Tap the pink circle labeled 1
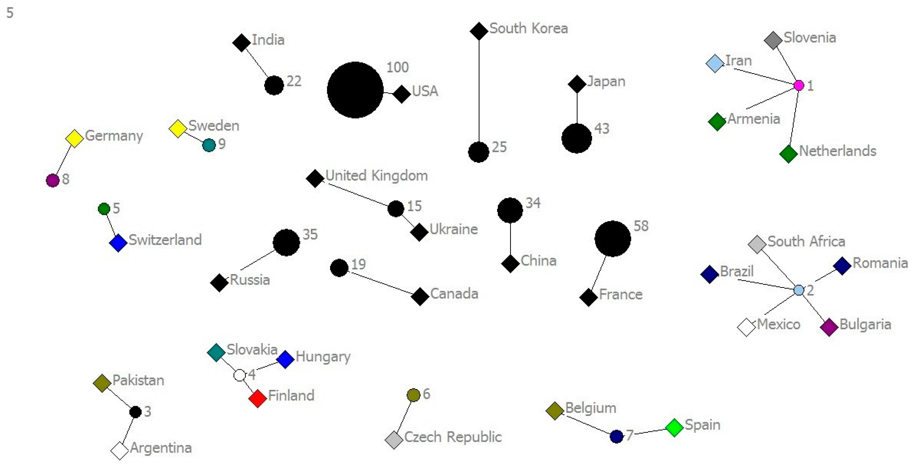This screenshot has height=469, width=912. pyautogui.click(x=799, y=85)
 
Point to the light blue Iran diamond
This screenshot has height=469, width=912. pyautogui.click(x=715, y=63)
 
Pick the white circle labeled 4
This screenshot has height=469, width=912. pyautogui.click(x=240, y=375)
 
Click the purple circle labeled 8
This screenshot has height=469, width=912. pyautogui.click(x=53, y=180)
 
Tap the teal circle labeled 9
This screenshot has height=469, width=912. pyautogui.click(x=209, y=145)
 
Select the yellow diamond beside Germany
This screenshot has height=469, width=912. pyautogui.click(x=74, y=138)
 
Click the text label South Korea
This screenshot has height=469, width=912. pyautogui.click(x=528, y=28)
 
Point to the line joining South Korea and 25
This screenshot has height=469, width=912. pyautogui.click(x=479, y=92)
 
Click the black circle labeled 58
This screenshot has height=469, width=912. pyautogui.click(x=612, y=239)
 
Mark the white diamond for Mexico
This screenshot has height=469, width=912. pyautogui.click(x=746, y=327)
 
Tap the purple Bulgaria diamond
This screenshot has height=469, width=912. pyautogui.click(x=829, y=327)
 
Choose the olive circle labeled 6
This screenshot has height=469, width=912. pyautogui.click(x=413, y=395)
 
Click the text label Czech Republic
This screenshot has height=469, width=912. pyautogui.click(x=453, y=437)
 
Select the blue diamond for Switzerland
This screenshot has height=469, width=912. pyautogui.click(x=118, y=243)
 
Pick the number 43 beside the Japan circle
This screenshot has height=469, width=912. pyautogui.click(x=601, y=128)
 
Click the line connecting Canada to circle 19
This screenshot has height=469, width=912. pyautogui.click(x=381, y=283)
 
